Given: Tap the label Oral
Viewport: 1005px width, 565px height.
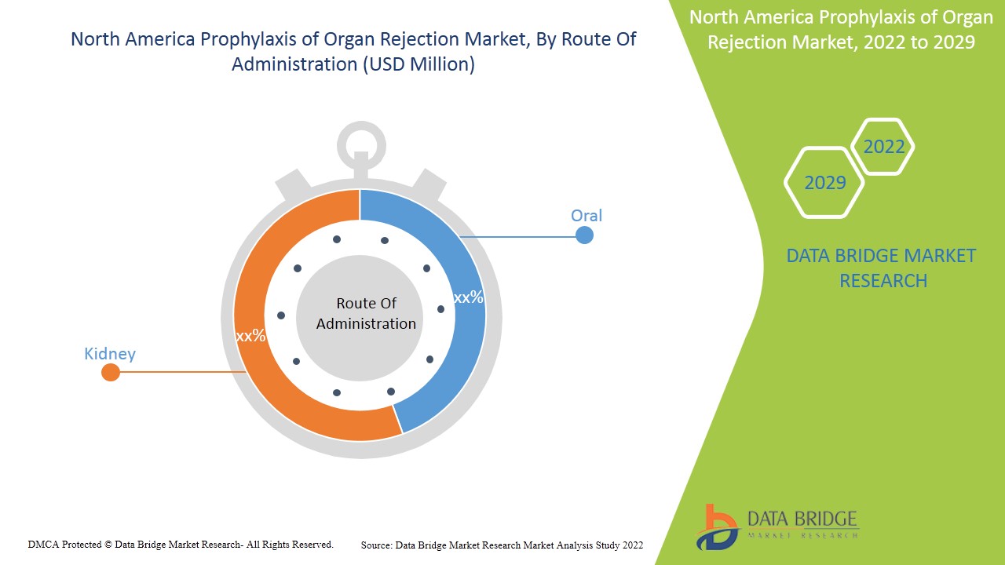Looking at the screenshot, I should pos(587,215).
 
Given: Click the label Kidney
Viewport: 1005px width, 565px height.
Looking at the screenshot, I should pos(110,354).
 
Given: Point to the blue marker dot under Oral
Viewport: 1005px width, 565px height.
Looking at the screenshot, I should pos(584,235).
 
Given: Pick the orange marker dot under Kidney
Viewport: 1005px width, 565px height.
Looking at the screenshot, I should pos(111,372).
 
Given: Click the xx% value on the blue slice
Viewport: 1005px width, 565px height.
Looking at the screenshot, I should pos(469,297).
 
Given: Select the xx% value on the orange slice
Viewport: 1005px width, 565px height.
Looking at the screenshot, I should pos(250,336).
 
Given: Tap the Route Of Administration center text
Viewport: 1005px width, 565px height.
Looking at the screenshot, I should pos(366,313).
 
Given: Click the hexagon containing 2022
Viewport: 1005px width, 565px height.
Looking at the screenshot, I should pos(883,147).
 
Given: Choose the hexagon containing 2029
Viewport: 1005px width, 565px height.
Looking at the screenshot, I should pos(824,183).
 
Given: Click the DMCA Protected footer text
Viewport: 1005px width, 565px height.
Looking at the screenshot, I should pos(181,544).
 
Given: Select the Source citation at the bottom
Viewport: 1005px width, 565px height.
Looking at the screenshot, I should pos(502,545).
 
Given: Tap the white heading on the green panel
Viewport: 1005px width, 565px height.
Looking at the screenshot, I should pos(840,30).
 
